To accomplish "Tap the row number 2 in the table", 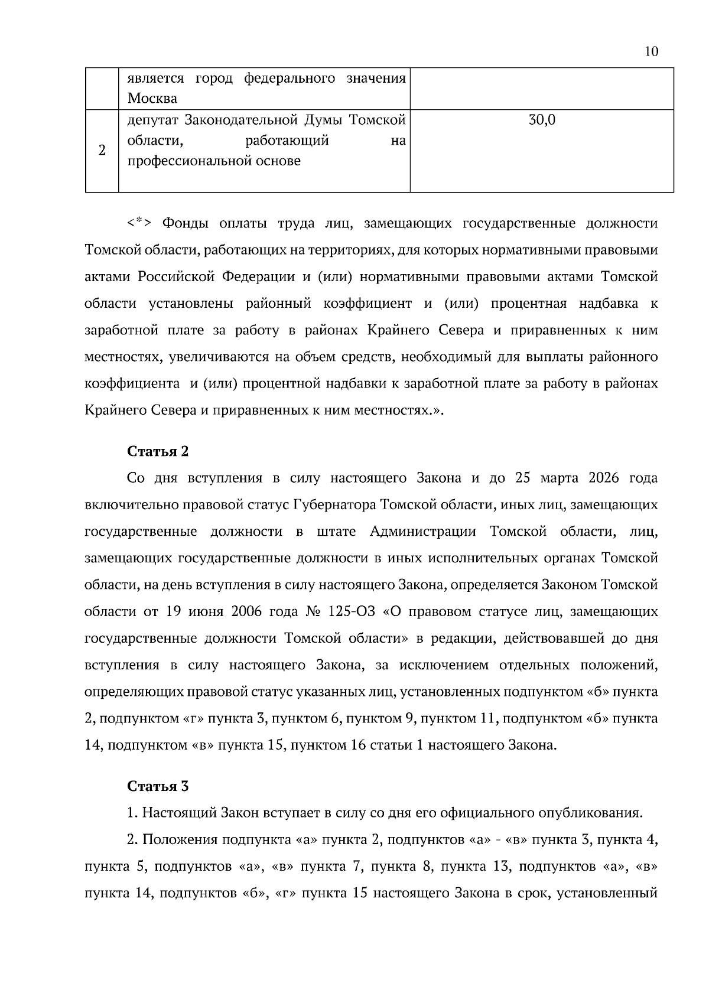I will tap(102, 150).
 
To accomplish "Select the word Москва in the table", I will tap(152, 98).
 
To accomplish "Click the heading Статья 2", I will tap(158, 451).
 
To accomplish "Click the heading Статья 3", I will tap(158, 786).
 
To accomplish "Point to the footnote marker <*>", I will tap(139, 223).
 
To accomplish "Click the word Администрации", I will tap(422, 531).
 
